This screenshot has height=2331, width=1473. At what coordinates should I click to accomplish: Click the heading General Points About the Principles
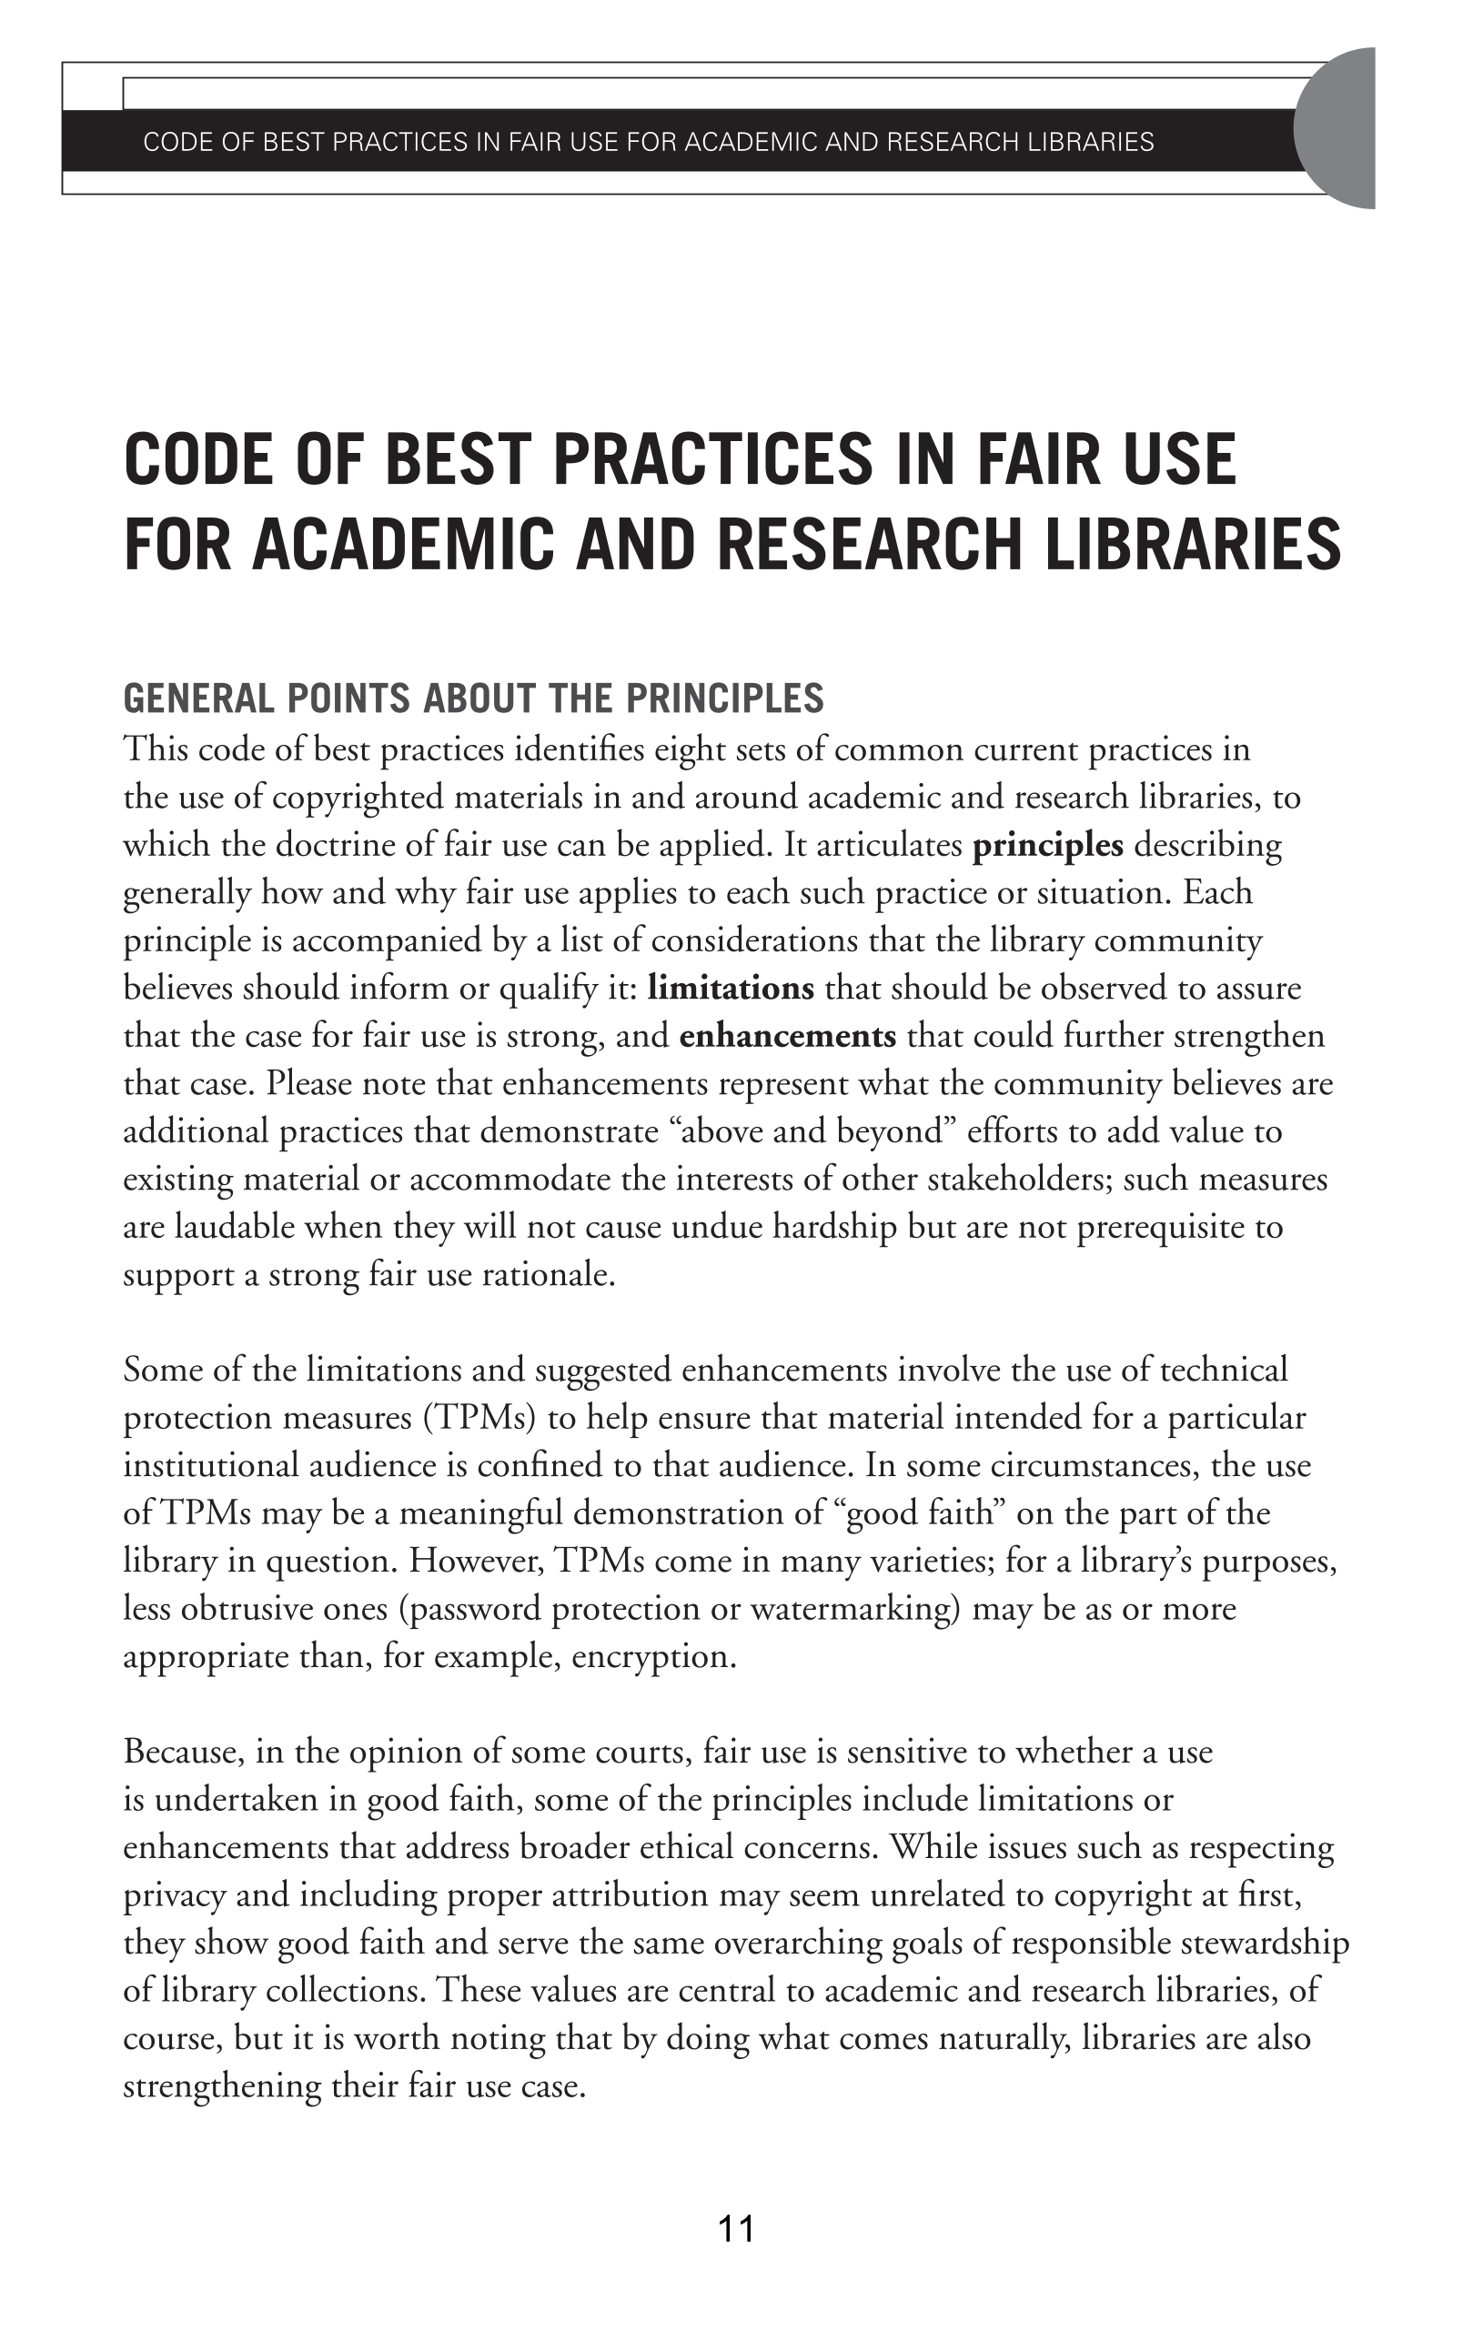point(474,698)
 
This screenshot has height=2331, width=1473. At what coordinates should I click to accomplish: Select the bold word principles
point(1047,845)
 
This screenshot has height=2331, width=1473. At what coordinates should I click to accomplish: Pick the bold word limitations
point(731,989)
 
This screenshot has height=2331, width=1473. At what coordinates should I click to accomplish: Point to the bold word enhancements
point(787,1036)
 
